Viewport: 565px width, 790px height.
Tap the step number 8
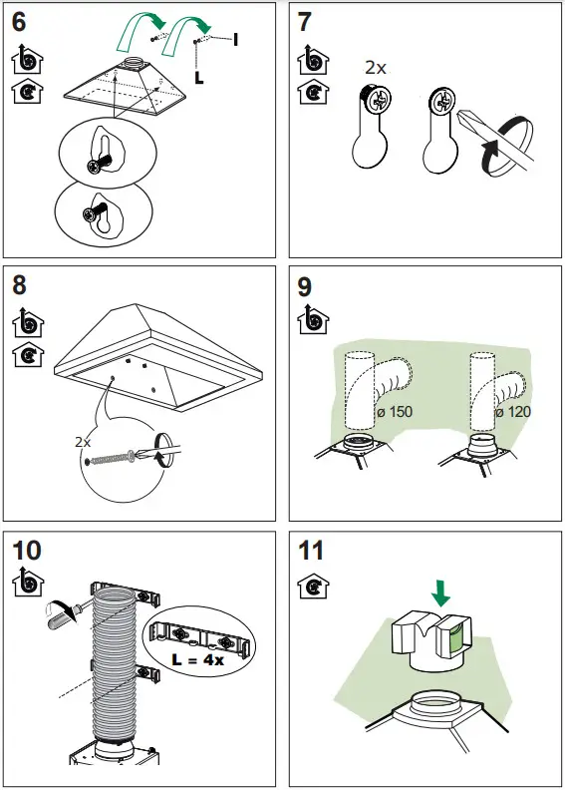[x=21, y=286]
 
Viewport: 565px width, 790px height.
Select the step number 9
[x=307, y=286]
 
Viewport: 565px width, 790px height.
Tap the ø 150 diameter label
[x=395, y=412]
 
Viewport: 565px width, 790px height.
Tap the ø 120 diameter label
[x=512, y=412]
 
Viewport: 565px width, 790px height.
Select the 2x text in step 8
[x=84, y=440]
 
